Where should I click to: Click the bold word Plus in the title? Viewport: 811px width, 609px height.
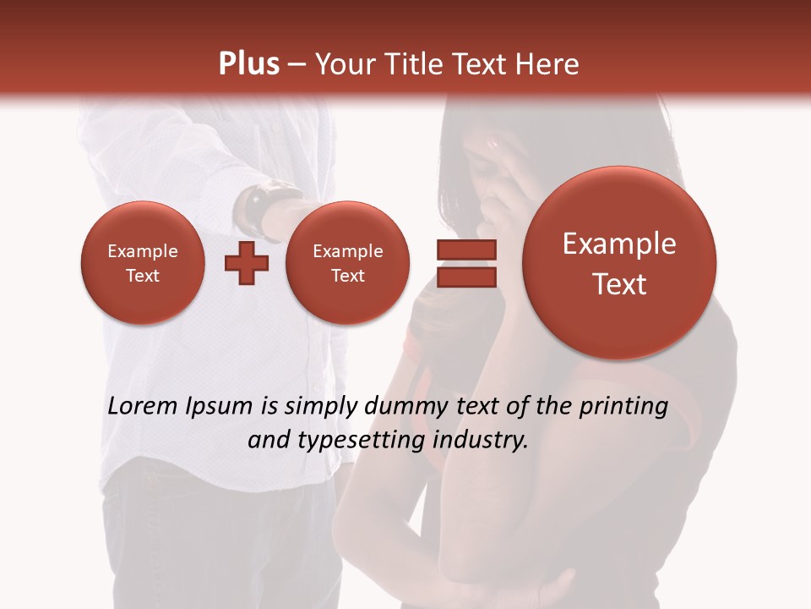[248, 64]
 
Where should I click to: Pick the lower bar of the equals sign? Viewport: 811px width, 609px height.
[466, 277]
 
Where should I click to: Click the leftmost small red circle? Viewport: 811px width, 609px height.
[143, 263]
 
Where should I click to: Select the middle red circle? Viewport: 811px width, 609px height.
[347, 263]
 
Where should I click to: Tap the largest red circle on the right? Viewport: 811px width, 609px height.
[619, 263]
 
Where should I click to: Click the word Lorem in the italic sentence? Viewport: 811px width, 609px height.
[143, 407]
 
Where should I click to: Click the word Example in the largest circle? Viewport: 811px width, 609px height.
[619, 244]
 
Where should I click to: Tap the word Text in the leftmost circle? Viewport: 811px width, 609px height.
[143, 276]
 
